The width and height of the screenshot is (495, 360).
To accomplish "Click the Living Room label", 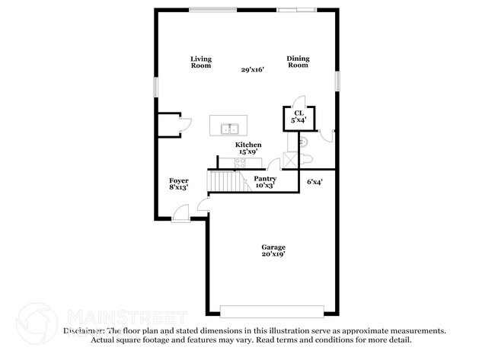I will click(201, 62).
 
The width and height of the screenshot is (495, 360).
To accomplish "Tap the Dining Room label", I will click(298, 62).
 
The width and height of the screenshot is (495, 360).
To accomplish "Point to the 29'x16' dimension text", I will click(252, 70).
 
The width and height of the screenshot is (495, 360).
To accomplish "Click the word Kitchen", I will click(248, 145).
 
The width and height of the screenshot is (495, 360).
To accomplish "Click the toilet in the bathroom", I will click(305, 158).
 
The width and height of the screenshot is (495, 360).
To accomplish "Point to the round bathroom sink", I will click(302, 141).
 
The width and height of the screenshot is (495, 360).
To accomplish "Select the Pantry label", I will click(265, 179).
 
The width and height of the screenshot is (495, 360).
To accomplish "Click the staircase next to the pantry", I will click(225, 181).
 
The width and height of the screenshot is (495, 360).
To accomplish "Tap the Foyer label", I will click(179, 180).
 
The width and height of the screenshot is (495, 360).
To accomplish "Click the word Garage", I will click(273, 247).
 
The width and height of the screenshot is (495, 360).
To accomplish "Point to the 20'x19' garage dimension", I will click(273, 256).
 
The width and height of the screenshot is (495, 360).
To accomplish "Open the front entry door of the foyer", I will click(181, 215).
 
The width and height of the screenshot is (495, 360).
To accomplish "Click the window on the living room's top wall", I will click(212, 10).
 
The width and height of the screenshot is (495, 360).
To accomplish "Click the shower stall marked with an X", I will click(289, 158).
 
